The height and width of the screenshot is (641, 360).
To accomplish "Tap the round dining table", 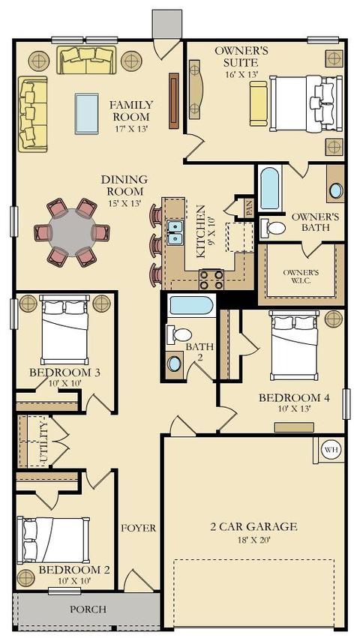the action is click(x=72, y=232).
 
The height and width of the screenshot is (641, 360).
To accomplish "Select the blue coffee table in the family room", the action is click(x=87, y=113).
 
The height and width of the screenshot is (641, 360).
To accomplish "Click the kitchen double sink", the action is click(x=175, y=232).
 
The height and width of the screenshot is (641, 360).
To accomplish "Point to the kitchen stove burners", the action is click(x=211, y=280).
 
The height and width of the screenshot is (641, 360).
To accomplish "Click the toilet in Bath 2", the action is click(x=178, y=335).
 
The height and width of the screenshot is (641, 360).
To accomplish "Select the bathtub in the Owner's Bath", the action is click(x=269, y=188).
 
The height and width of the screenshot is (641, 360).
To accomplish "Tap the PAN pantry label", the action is click(x=249, y=207).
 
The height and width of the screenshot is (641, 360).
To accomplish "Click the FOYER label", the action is click(x=138, y=528).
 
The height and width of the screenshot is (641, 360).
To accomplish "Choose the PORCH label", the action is click(x=88, y=609).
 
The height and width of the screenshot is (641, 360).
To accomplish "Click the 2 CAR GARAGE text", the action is click(x=253, y=526).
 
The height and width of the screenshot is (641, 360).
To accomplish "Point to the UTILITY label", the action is click(x=44, y=444).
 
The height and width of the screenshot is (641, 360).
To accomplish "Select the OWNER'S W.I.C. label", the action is click(x=301, y=277).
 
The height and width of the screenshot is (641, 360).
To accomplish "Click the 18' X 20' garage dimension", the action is click(x=253, y=540).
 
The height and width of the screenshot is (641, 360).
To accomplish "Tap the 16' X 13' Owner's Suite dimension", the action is click(x=241, y=74).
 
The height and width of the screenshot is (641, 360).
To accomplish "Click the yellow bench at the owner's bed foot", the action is click(x=258, y=103).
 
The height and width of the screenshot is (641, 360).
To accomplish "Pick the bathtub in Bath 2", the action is click(x=191, y=305).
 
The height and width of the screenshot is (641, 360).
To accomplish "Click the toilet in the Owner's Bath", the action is click(x=272, y=228).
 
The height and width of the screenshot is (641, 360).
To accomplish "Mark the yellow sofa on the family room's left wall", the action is click(x=33, y=114).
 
